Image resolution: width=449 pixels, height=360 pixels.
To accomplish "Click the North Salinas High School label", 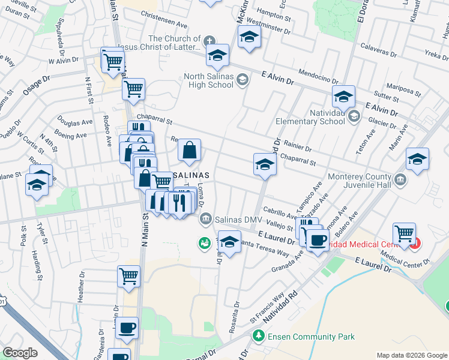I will (208, 80).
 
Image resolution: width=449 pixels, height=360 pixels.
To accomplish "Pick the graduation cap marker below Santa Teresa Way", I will (229, 242).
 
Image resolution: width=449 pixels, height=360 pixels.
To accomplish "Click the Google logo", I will (20, 353).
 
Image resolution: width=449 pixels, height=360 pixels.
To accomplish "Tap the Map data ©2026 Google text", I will (411, 355).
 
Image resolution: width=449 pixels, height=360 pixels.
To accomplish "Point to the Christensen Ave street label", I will (164, 14).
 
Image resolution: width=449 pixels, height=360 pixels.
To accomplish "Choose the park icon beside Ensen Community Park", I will (258, 337).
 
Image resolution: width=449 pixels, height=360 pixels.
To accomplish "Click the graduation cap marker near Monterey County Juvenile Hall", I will (417, 159).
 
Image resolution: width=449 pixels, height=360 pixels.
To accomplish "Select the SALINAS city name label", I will (191, 175).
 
